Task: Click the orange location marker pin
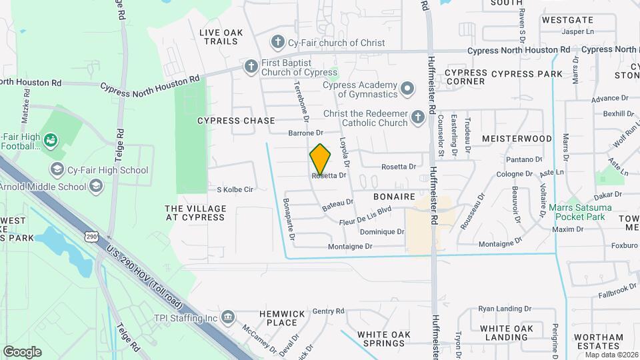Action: pos(320,159)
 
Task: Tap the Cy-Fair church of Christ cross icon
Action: pos(278,43)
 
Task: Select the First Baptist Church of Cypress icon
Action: pos(251,66)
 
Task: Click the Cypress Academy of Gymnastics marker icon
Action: pos(407,87)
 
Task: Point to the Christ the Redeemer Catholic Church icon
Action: pos(417,117)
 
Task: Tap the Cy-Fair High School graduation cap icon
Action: pos(57,169)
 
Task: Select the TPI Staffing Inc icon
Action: pos(228,315)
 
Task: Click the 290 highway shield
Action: pos(92,236)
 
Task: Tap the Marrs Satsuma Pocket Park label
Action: pos(579,212)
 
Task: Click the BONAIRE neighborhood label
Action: pos(395,197)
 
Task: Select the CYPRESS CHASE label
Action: pos(236,121)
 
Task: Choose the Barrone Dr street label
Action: pos(305,133)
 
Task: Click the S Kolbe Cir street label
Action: pos(235,189)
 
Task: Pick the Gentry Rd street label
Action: pos(328,311)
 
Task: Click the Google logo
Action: pos(22,351)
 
